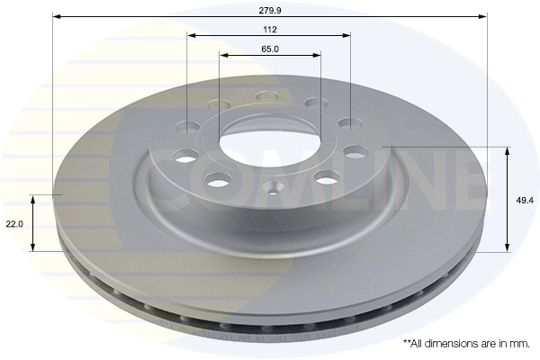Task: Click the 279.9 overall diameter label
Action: tap(269, 10)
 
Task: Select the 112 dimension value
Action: tap(269, 28)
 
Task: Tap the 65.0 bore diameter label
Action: tap(269, 49)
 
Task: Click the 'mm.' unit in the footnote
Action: tap(519, 344)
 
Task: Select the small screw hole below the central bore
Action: tap(273, 190)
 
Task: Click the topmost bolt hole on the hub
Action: tap(267, 95)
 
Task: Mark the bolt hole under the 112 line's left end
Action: tap(188, 127)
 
